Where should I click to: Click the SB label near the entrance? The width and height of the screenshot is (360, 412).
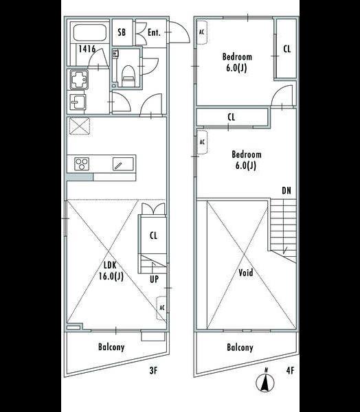pos(122,32)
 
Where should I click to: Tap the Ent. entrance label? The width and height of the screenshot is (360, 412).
pos(154,32)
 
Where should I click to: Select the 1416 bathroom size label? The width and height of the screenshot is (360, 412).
pos(87,49)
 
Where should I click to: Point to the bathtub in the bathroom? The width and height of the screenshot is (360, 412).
pos(89,32)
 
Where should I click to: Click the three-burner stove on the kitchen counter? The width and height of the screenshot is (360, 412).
pos(82,164)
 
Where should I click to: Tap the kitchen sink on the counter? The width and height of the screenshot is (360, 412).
pos(123,164)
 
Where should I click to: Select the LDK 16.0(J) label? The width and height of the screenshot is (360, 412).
pos(111,271)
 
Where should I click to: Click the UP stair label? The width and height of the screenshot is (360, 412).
pos(155,279)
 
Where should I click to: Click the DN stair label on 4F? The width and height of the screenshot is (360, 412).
pos(286,190)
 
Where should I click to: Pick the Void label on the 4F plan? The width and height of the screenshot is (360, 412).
pos(246,273)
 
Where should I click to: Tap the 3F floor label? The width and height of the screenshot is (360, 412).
pos(153,371)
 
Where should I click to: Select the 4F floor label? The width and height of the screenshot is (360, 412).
pos(290,371)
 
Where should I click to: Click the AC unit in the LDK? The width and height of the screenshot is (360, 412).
pos(161,308)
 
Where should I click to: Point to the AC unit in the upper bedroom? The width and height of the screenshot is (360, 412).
pos(202,32)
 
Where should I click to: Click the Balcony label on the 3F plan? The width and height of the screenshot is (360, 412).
pos(111,347)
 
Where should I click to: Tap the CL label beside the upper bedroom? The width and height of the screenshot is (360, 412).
pos(286,49)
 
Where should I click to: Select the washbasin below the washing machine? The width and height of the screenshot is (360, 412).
pos(78,102)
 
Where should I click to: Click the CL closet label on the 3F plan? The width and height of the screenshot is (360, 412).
pos(153,236)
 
